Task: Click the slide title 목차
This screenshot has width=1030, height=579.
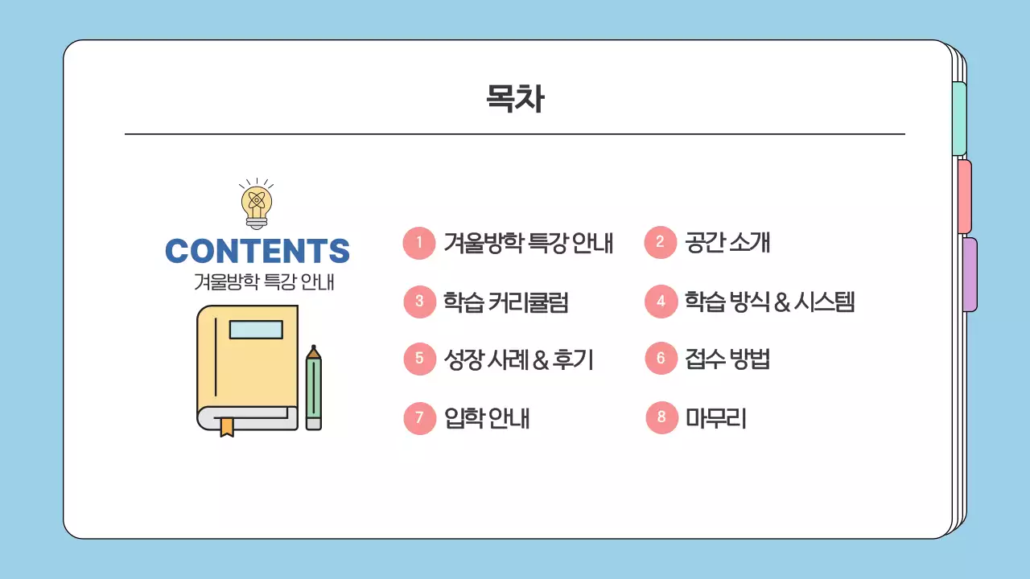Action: click(x=515, y=99)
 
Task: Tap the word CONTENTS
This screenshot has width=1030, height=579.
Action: click(x=257, y=251)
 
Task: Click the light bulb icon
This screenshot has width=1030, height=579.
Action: click(x=257, y=203)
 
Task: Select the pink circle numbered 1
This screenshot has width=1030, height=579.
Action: click(x=419, y=243)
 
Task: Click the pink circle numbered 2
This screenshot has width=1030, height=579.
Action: click(x=661, y=243)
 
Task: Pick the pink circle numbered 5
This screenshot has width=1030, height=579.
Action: click(x=419, y=359)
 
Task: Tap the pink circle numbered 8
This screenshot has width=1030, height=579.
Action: click(x=661, y=417)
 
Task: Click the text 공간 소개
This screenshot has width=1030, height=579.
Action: click(x=727, y=243)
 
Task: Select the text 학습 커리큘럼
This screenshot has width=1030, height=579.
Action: click(x=506, y=302)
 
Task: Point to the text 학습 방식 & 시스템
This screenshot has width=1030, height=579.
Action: click(x=769, y=302)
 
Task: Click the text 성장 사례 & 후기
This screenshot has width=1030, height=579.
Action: click(x=518, y=359)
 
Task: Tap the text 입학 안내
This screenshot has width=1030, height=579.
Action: click(x=486, y=418)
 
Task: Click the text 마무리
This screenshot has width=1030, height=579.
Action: click(x=715, y=418)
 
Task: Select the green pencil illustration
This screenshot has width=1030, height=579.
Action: click(x=313, y=388)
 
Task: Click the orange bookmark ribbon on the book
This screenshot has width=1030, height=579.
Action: click(x=227, y=426)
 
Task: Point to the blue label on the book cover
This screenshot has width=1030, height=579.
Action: click(x=256, y=330)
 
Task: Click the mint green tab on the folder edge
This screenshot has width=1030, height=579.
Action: click(x=959, y=118)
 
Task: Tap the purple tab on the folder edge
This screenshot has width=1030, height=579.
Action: click(x=970, y=274)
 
